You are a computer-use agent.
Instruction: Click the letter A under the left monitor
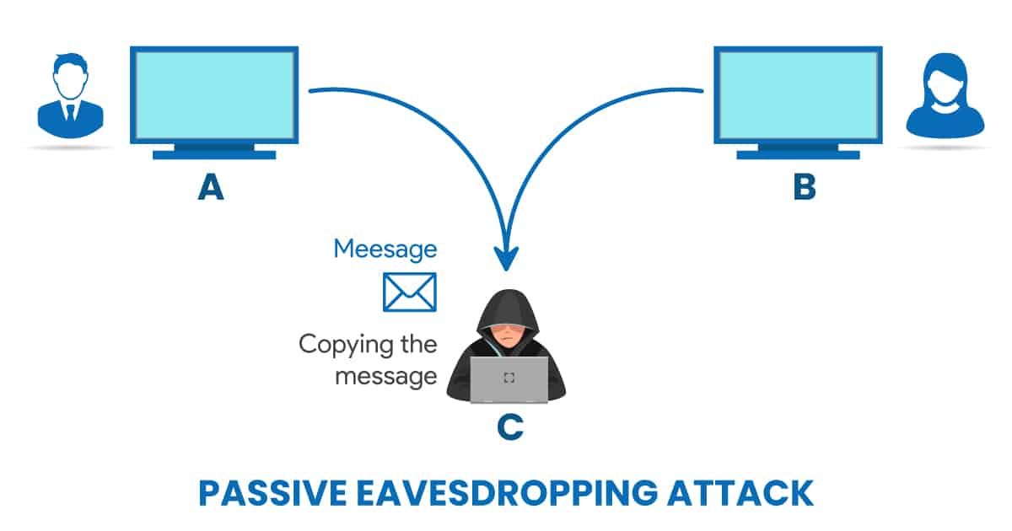tap(211, 187)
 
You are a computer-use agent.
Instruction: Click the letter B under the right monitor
tap(805, 187)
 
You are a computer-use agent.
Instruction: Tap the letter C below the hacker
tap(509, 428)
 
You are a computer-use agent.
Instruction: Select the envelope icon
tap(410, 292)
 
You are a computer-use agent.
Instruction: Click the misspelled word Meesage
tap(385, 249)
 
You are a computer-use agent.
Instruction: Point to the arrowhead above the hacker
tap(506, 258)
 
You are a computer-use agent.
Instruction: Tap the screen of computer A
tap(213, 94)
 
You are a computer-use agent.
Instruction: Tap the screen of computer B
tap(798, 94)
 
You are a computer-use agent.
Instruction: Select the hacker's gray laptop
tap(509, 379)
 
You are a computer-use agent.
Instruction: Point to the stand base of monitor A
tap(213, 154)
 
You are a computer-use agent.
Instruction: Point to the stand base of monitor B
tap(798, 154)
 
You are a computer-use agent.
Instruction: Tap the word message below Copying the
tap(385, 376)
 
